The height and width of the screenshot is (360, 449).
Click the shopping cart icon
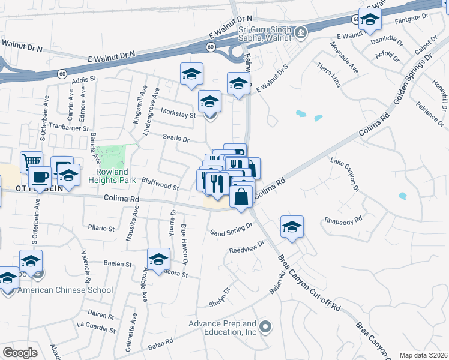(x=31, y=161)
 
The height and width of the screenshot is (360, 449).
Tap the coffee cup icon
(x=40, y=177)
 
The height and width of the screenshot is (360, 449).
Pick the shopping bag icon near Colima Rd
(x=241, y=197)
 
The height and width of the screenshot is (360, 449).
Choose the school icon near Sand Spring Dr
(x=292, y=227)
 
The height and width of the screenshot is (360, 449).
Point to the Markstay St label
(x=179, y=114)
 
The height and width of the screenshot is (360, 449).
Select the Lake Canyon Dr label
(x=345, y=174)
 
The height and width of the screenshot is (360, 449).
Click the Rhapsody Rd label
(x=343, y=219)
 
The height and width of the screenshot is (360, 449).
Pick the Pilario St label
(x=101, y=229)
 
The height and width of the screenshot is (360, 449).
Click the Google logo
(x=20, y=353)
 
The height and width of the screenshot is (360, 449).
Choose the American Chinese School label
(x=65, y=290)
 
